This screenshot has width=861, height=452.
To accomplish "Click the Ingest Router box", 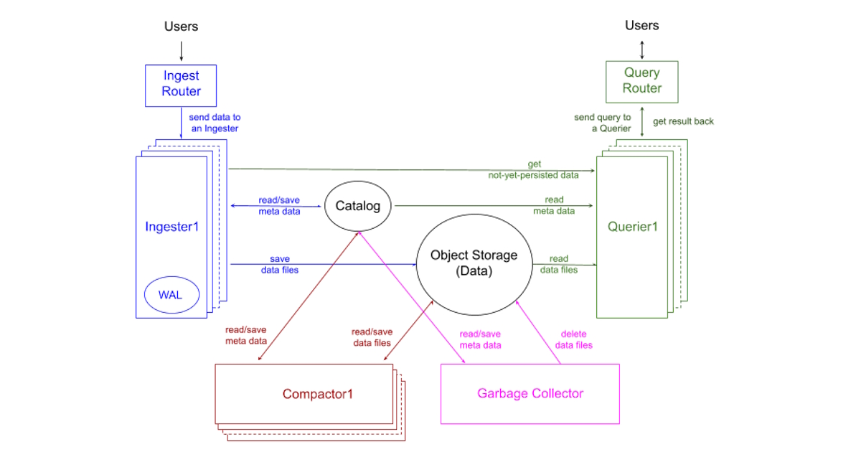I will click(x=181, y=85).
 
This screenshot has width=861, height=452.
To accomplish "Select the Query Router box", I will click(x=641, y=80).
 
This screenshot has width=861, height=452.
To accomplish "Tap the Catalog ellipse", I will click(x=358, y=206).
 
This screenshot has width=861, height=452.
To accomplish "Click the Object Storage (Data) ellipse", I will click(x=474, y=263).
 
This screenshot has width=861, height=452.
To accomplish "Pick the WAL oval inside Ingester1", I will click(x=170, y=295).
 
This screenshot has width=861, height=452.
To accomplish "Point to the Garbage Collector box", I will click(x=530, y=393).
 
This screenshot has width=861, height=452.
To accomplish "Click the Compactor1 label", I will click(x=318, y=394).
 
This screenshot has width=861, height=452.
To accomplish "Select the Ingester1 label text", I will click(x=171, y=227).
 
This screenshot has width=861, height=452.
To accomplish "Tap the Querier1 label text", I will click(x=632, y=227).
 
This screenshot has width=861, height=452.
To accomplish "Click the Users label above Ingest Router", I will click(x=181, y=27).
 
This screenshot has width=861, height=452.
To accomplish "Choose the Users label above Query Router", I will click(x=641, y=25).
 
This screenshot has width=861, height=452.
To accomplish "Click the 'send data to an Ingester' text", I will click(x=213, y=123).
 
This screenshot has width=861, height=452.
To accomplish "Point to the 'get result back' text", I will click(x=683, y=121).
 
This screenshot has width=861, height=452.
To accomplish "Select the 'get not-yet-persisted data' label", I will click(x=535, y=169).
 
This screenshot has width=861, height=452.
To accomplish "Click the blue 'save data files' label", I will click(x=279, y=264).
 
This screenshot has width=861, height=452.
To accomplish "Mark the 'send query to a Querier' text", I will click(x=603, y=123).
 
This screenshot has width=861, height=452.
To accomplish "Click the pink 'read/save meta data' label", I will click(x=480, y=339).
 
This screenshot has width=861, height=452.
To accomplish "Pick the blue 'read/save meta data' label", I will click(x=279, y=205).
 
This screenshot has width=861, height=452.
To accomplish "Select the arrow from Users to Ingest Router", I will click(x=181, y=50).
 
